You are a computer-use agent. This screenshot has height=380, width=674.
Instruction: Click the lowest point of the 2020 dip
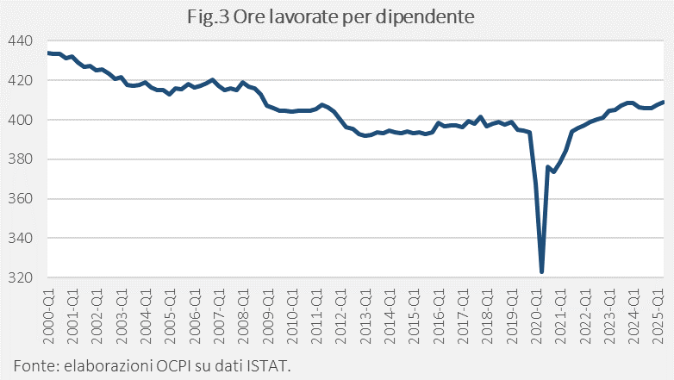(x=541, y=272)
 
